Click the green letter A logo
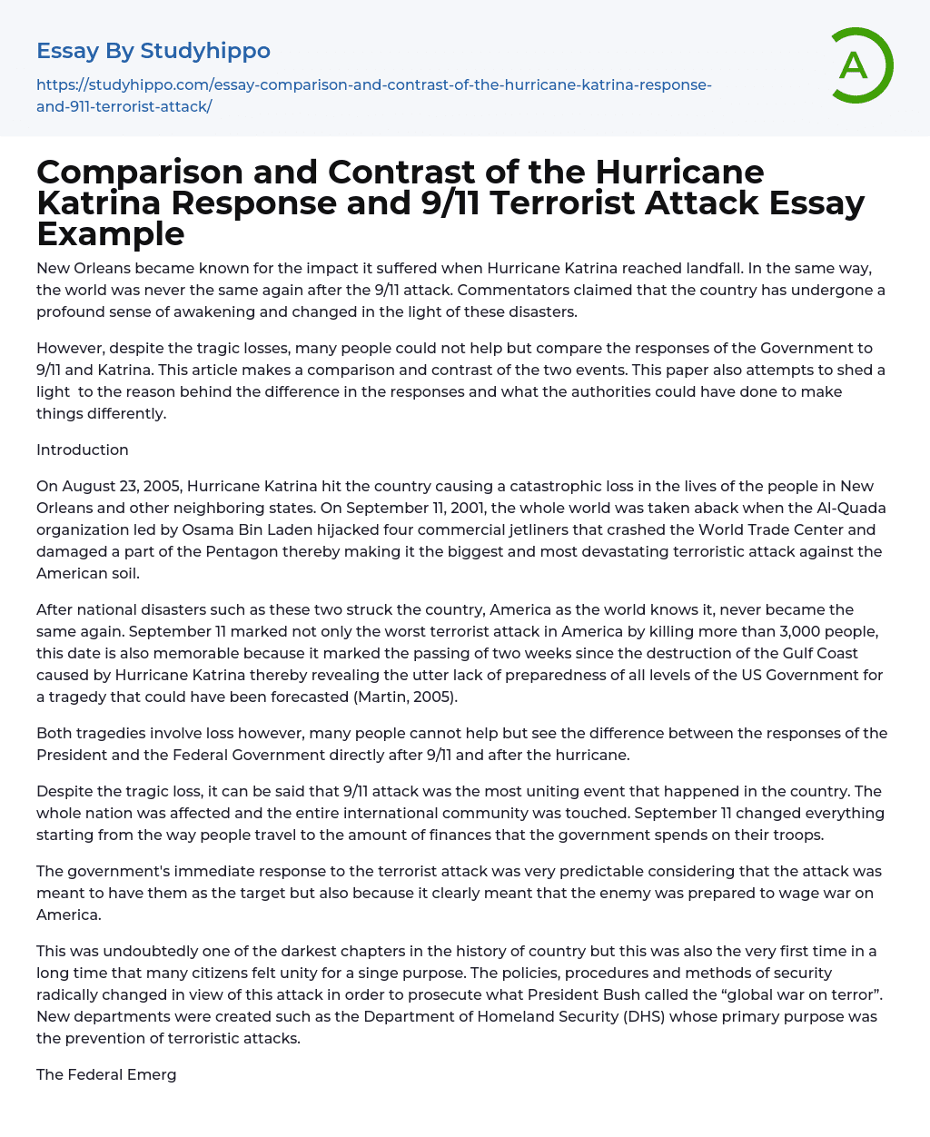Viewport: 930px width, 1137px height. (x=860, y=64)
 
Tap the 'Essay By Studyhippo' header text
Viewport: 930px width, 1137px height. (x=153, y=50)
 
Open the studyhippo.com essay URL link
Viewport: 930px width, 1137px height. (x=373, y=95)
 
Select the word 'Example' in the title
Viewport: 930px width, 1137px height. (x=111, y=234)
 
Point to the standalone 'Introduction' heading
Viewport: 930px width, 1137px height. (x=83, y=450)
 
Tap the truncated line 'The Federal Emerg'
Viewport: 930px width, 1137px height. (x=106, y=1075)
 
